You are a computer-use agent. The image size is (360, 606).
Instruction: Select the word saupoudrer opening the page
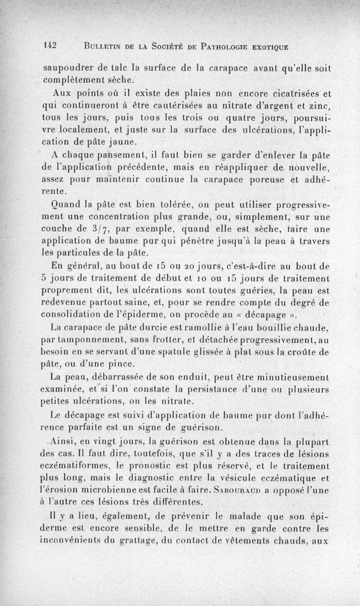coord(69,70)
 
